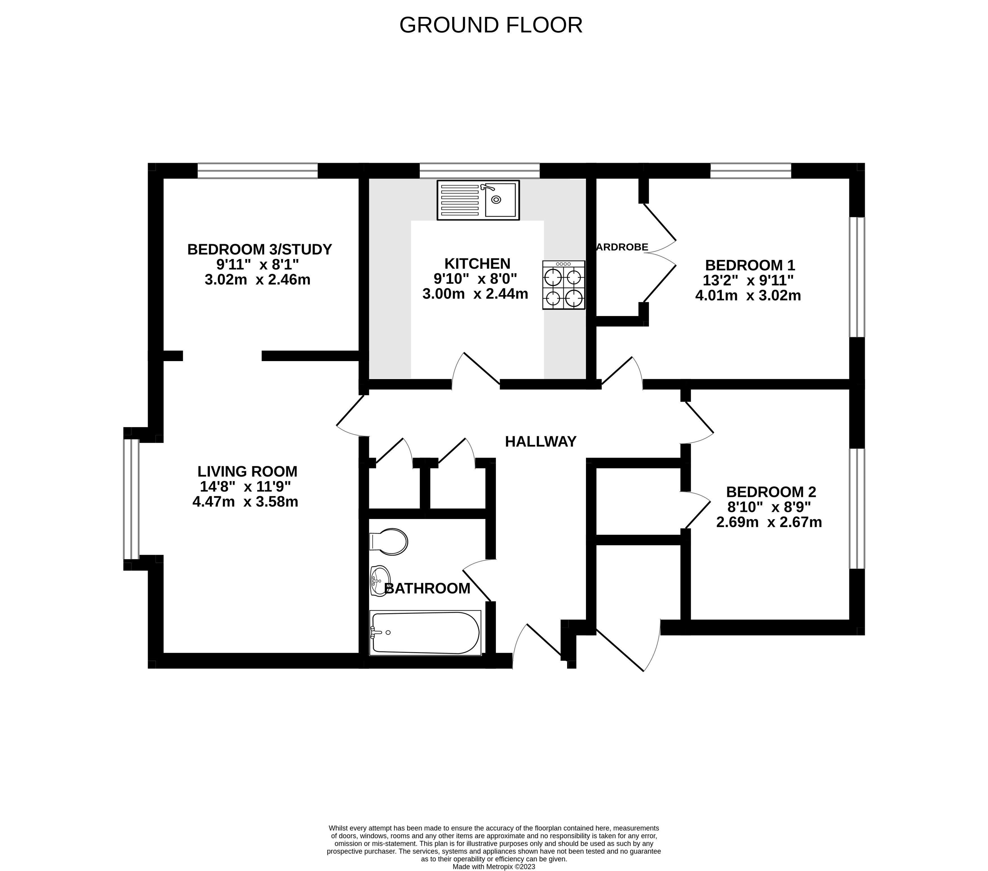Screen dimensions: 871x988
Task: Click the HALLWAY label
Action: (540, 441)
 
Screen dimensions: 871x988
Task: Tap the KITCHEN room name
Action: (477, 264)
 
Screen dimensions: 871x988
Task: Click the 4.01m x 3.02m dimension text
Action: (748, 295)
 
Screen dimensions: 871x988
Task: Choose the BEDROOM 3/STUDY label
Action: (259, 249)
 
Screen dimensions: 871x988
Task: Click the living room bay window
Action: (131, 499)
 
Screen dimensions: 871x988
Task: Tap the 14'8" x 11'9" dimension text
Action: (245, 487)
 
